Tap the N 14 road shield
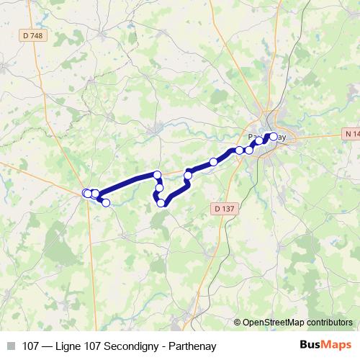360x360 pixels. [x=350, y=134]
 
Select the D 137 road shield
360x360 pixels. [x=224, y=208]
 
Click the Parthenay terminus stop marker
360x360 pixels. [x=273, y=136]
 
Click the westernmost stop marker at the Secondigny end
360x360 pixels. [x=86, y=193]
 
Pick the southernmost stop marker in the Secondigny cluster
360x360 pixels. [x=106, y=203]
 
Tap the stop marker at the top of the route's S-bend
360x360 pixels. [x=157, y=175]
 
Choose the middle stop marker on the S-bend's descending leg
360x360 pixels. [x=159, y=188]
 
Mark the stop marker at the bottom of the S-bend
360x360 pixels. [x=161, y=204]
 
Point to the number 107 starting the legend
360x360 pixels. [x=31, y=344]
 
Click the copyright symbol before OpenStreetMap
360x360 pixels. [x=238, y=323]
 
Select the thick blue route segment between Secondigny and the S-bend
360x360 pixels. [x=126, y=184]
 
